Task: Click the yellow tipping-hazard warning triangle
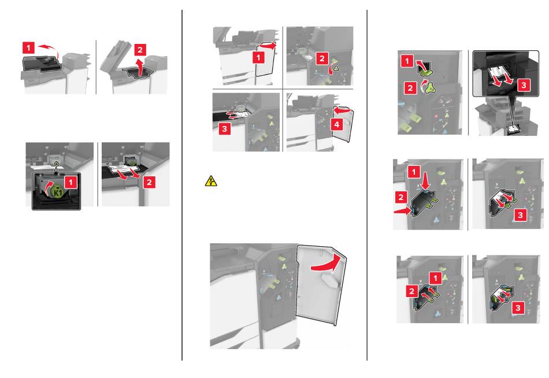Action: pos(211,181)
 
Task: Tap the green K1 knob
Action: pos(57,192)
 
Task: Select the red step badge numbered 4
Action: pos(336,124)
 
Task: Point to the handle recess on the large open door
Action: pos(329,280)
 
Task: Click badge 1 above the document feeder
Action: pos(29,48)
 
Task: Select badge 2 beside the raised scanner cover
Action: pos(140,50)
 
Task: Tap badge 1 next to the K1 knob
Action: pos(71,182)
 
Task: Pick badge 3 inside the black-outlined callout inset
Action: pos(524,85)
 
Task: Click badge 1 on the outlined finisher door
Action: pos(258,57)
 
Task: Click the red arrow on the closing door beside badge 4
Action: pos(341,110)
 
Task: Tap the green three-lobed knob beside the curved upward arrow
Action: pos(431,88)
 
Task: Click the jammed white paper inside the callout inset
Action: pos(499,73)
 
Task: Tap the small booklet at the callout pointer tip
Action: pos(513,129)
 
